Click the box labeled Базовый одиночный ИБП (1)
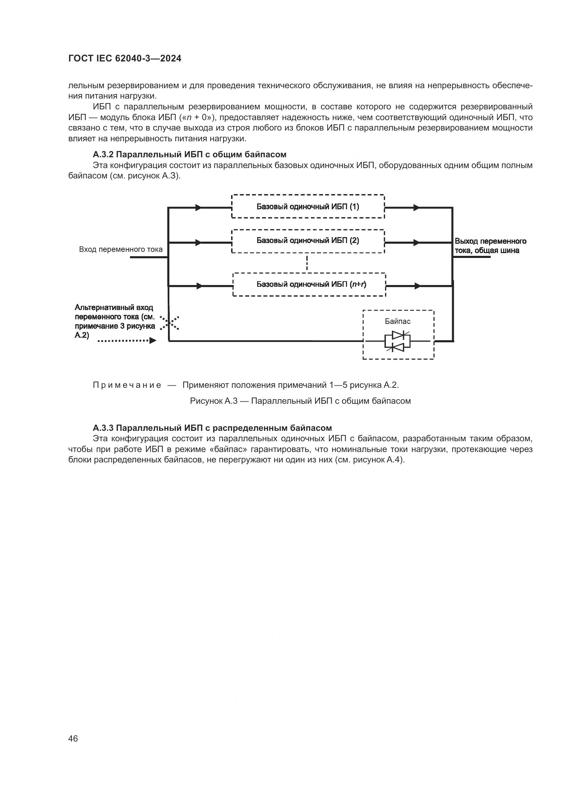(x=308, y=207)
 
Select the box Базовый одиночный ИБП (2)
(x=308, y=241)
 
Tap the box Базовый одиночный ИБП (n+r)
(x=309, y=284)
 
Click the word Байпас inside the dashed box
(x=398, y=321)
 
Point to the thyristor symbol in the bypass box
(x=398, y=341)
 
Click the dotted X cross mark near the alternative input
(x=169, y=323)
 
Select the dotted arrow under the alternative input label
(x=127, y=341)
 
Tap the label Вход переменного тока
(x=121, y=249)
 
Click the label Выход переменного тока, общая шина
(x=490, y=246)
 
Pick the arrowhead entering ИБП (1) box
(x=199, y=208)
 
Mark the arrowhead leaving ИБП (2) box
(x=416, y=243)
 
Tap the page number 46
(x=73, y=739)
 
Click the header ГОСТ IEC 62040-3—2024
(x=125, y=59)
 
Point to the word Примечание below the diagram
(x=127, y=385)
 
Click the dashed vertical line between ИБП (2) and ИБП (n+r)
(x=307, y=263)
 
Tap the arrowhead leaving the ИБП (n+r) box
(x=418, y=286)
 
